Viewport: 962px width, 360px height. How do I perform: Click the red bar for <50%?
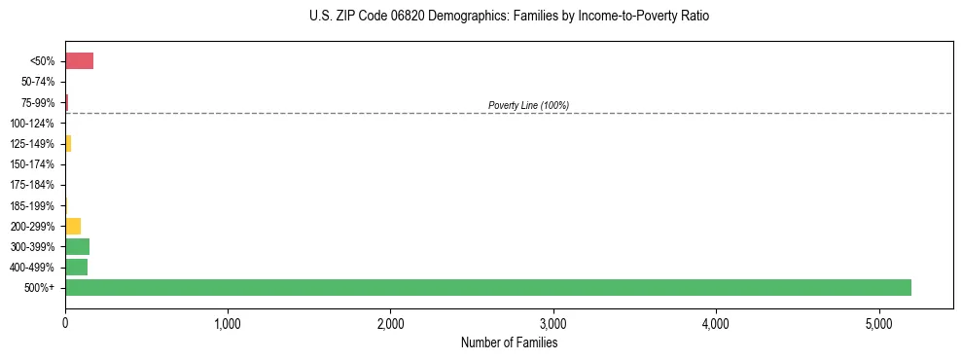tap(79, 61)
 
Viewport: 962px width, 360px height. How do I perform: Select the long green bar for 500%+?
tap(487, 287)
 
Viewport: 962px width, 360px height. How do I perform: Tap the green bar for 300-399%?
tap(77, 246)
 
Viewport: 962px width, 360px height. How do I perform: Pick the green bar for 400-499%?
tap(76, 267)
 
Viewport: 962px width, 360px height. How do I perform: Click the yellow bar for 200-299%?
tap(73, 226)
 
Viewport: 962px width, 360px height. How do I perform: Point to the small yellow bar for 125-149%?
tap(68, 144)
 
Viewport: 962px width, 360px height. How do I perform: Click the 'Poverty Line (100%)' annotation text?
tap(528, 105)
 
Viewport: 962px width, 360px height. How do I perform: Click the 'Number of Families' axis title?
tap(509, 342)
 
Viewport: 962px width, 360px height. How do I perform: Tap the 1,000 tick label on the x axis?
tap(228, 323)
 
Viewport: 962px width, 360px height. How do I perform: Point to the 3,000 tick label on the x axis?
tap(552, 323)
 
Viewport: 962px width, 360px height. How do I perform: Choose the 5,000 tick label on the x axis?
tap(878, 323)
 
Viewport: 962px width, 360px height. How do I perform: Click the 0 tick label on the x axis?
tap(65, 323)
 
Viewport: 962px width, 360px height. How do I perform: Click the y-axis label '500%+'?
tap(41, 288)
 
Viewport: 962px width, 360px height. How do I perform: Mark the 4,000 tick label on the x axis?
tap(715, 323)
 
